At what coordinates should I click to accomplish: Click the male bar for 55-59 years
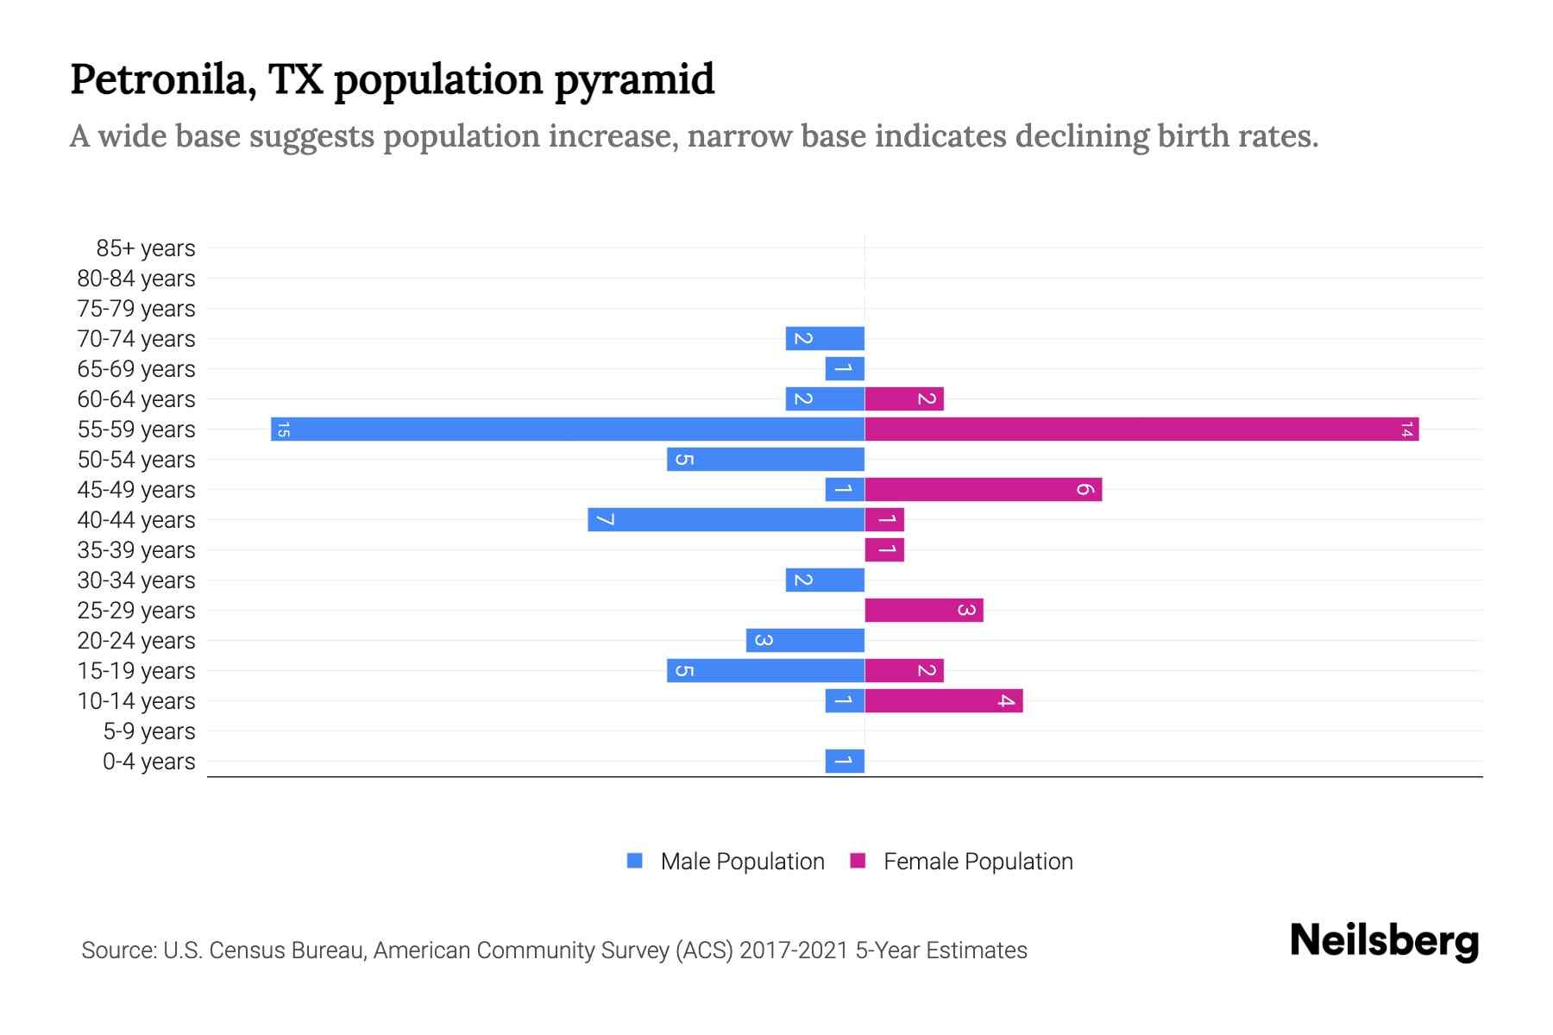tap(568, 429)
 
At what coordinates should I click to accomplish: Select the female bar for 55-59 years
tap(1141, 429)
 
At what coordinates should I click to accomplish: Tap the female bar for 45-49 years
tap(983, 490)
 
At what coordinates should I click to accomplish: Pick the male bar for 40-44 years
tap(726, 520)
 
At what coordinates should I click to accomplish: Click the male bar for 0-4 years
tap(845, 761)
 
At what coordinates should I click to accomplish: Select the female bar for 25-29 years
tap(923, 611)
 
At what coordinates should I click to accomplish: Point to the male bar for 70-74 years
tap(825, 338)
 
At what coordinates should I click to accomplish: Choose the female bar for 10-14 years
tap(943, 701)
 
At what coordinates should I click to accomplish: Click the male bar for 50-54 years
tap(765, 459)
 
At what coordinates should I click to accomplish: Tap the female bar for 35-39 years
tap(884, 550)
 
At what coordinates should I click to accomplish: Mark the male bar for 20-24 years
tap(805, 640)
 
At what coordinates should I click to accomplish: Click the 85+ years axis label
tap(146, 248)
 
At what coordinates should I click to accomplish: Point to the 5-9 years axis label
tap(149, 731)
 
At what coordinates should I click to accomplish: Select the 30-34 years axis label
tap(136, 580)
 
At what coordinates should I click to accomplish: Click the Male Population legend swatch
tap(635, 861)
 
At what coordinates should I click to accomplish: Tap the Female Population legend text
tap(978, 862)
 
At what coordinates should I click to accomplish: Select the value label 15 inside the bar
tap(283, 429)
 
